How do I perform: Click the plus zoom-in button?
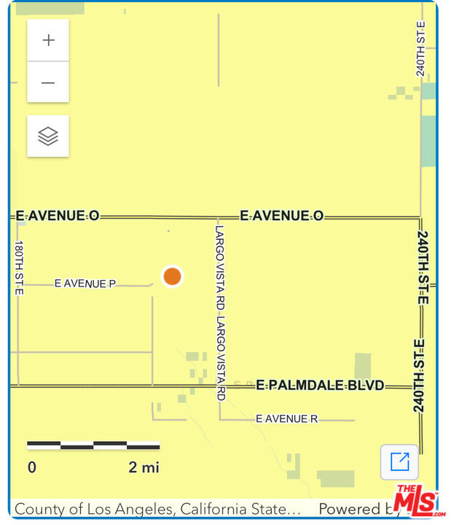coord(48,40)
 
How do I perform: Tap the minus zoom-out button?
coord(48,82)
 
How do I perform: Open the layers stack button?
coord(48,136)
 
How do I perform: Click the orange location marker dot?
coord(172,276)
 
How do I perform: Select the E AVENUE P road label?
coord(85,284)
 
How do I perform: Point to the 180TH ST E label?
coord(20,268)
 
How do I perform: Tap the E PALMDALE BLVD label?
coord(320,385)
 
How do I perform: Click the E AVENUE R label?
coord(286,419)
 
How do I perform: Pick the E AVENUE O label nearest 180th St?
coord(58,216)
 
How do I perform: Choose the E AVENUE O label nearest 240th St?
coord(281,216)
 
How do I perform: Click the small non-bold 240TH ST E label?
coord(421,48)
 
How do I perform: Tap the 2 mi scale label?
coord(144,467)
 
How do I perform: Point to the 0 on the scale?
coord(32,467)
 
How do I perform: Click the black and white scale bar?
coord(93,445)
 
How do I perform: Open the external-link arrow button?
coord(399,462)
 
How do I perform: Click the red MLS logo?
coord(416,501)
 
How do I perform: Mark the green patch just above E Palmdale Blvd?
coord(362,365)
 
